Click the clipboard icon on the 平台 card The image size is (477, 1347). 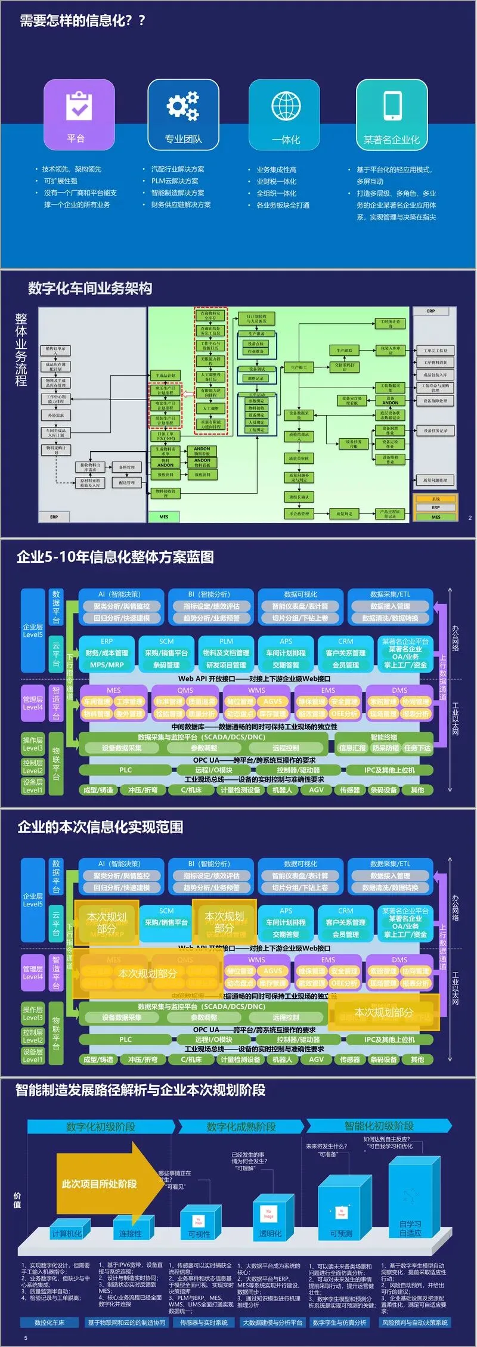tap(79, 106)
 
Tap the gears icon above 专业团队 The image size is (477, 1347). tap(182, 106)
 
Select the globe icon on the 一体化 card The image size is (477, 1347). tap(286, 106)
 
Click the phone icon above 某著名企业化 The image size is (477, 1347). tap(392, 106)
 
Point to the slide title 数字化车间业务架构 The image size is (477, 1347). tap(90, 289)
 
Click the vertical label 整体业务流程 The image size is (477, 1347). tap(21, 350)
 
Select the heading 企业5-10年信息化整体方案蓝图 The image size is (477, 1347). tap(115, 557)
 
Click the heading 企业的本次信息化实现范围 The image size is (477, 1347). tap(100, 826)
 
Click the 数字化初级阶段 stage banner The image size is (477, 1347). tap(101, 1126)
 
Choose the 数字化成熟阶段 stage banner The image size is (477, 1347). tap(241, 1126)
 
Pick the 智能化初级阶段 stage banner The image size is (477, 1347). tap(379, 1126)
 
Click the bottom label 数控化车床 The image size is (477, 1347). tap(49, 1322)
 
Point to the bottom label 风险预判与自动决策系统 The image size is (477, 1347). tap(414, 1322)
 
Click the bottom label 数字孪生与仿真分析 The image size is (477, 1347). tap(340, 1322)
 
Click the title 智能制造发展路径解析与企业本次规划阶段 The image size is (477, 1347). tap(140, 1090)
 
